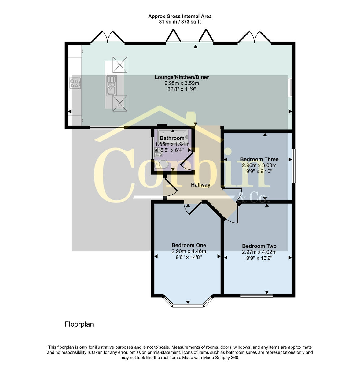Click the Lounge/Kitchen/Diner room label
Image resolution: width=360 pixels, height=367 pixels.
[182, 77]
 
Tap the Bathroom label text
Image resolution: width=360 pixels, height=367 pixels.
[172, 138]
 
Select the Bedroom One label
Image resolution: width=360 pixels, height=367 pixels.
[189, 245]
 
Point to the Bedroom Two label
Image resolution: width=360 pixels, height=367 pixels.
[259, 246]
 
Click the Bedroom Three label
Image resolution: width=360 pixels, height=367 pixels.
[259, 159]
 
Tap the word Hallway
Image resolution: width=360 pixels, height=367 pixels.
[200, 185]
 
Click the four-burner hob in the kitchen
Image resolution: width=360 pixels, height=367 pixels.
[75, 83]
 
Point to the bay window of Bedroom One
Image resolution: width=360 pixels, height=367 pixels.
[188, 305]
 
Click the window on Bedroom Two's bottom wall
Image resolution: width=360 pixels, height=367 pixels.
[256, 295]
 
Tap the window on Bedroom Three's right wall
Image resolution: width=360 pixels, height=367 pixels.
[294, 166]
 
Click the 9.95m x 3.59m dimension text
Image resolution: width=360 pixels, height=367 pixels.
[182, 83]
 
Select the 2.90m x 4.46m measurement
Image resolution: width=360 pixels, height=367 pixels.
[189, 251]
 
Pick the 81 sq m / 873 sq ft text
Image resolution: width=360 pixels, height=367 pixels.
[180, 22]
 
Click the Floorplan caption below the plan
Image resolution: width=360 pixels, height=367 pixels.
[79, 324]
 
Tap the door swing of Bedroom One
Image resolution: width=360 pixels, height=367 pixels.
[192, 208]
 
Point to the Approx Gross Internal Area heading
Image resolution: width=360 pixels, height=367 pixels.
[180, 17]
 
